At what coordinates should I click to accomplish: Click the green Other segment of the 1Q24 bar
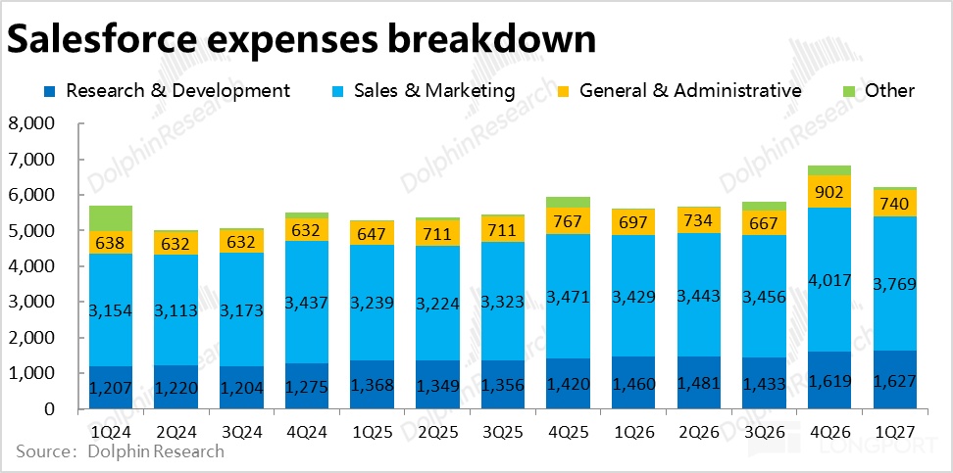[110, 218]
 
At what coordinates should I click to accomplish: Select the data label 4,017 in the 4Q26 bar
[829, 281]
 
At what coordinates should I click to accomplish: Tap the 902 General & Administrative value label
[829, 192]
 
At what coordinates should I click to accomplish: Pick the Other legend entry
[878, 91]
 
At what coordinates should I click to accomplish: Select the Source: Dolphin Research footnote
[121, 451]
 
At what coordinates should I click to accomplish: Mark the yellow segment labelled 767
[569, 221]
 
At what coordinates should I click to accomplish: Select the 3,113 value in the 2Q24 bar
[176, 310]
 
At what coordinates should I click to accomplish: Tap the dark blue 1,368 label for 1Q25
[373, 385]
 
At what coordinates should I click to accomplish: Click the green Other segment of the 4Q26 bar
[829, 170]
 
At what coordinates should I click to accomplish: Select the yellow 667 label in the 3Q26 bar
[764, 223]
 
